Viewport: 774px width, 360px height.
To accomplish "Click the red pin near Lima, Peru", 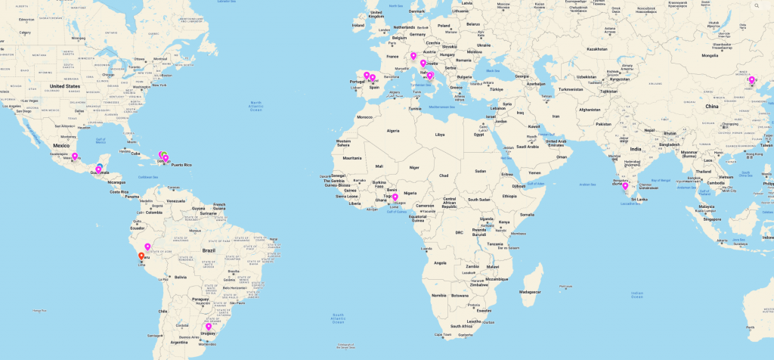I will click(141, 256).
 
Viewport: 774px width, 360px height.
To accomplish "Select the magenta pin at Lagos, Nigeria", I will click(395, 197).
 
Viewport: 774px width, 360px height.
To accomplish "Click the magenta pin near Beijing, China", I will click(751, 80).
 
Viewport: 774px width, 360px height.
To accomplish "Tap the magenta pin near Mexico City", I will click(75, 157).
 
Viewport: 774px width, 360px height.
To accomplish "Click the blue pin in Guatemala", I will click(99, 167).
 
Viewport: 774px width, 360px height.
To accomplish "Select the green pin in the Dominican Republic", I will click(164, 155).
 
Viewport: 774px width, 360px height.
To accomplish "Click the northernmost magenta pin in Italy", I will click(413, 55).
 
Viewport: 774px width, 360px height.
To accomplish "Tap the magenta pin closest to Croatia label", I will click(423, 64).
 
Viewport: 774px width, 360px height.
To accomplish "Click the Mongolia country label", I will click(710, 55).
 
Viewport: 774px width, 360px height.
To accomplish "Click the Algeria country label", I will click(393, 131).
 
